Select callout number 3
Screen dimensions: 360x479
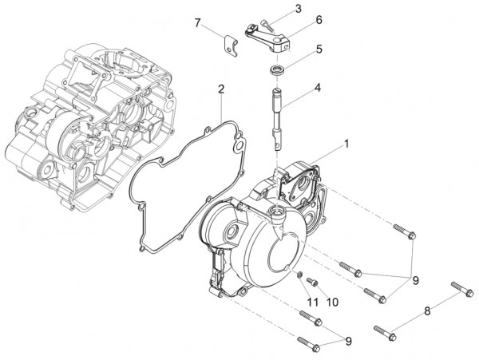click(297, 9)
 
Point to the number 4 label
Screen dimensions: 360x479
click(317, 87)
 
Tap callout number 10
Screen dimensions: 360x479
click(332, 302)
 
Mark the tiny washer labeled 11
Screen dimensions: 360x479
click(298, 275)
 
